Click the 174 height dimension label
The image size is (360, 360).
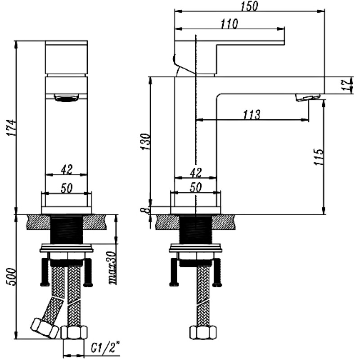(12, 128)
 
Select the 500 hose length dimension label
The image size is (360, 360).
(12, 276)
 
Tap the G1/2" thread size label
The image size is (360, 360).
(105, 348)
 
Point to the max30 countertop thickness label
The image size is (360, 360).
(112, 268)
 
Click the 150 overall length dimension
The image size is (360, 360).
(249, 6)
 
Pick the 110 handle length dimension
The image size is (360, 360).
(229, 24)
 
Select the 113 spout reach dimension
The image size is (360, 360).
(252, 115)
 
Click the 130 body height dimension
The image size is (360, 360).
(145, 142)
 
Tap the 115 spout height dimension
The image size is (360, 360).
(319, 157)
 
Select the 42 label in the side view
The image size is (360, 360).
(196, 173)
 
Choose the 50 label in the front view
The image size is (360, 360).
(67, 188)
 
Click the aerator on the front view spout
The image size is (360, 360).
(66, 98)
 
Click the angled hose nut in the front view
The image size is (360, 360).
(45, 328)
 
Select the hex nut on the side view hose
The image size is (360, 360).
(203, 332)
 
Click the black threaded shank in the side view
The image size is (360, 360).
(195, 230)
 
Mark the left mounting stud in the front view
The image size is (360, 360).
(45, 272)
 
